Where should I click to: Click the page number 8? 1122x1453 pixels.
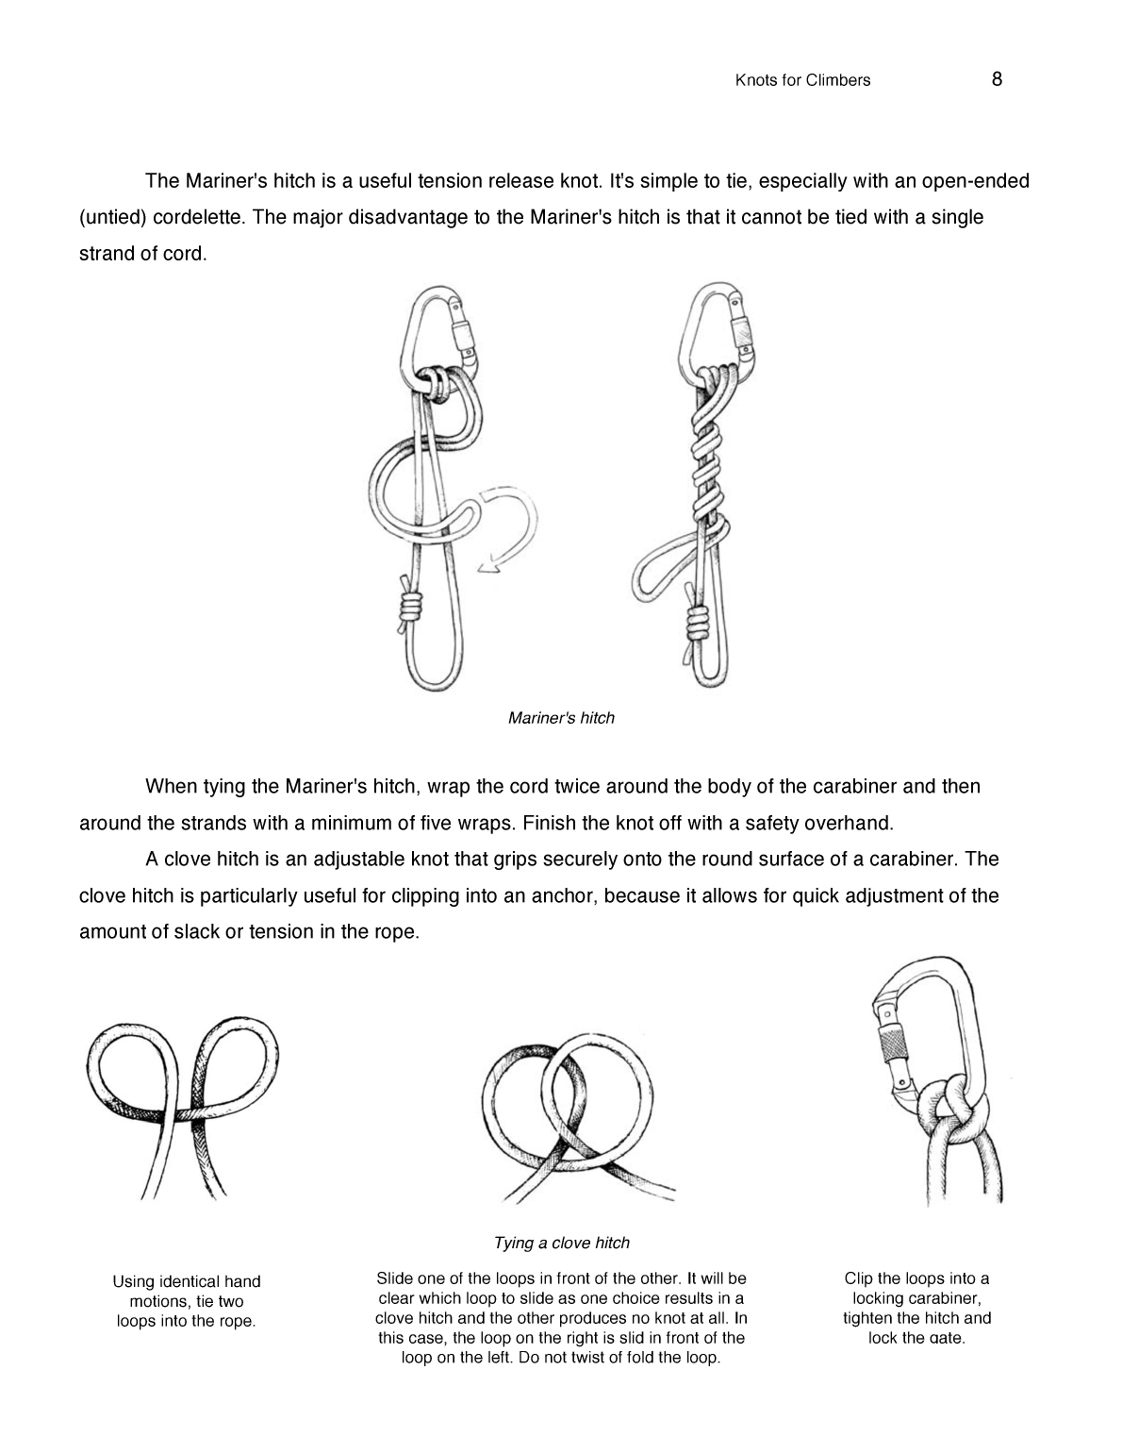997,79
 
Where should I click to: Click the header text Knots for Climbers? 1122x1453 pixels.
802,80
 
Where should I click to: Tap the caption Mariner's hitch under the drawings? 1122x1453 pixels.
561,718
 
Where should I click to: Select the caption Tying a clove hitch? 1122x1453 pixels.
561,1243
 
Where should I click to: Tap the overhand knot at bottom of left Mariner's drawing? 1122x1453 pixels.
407,610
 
